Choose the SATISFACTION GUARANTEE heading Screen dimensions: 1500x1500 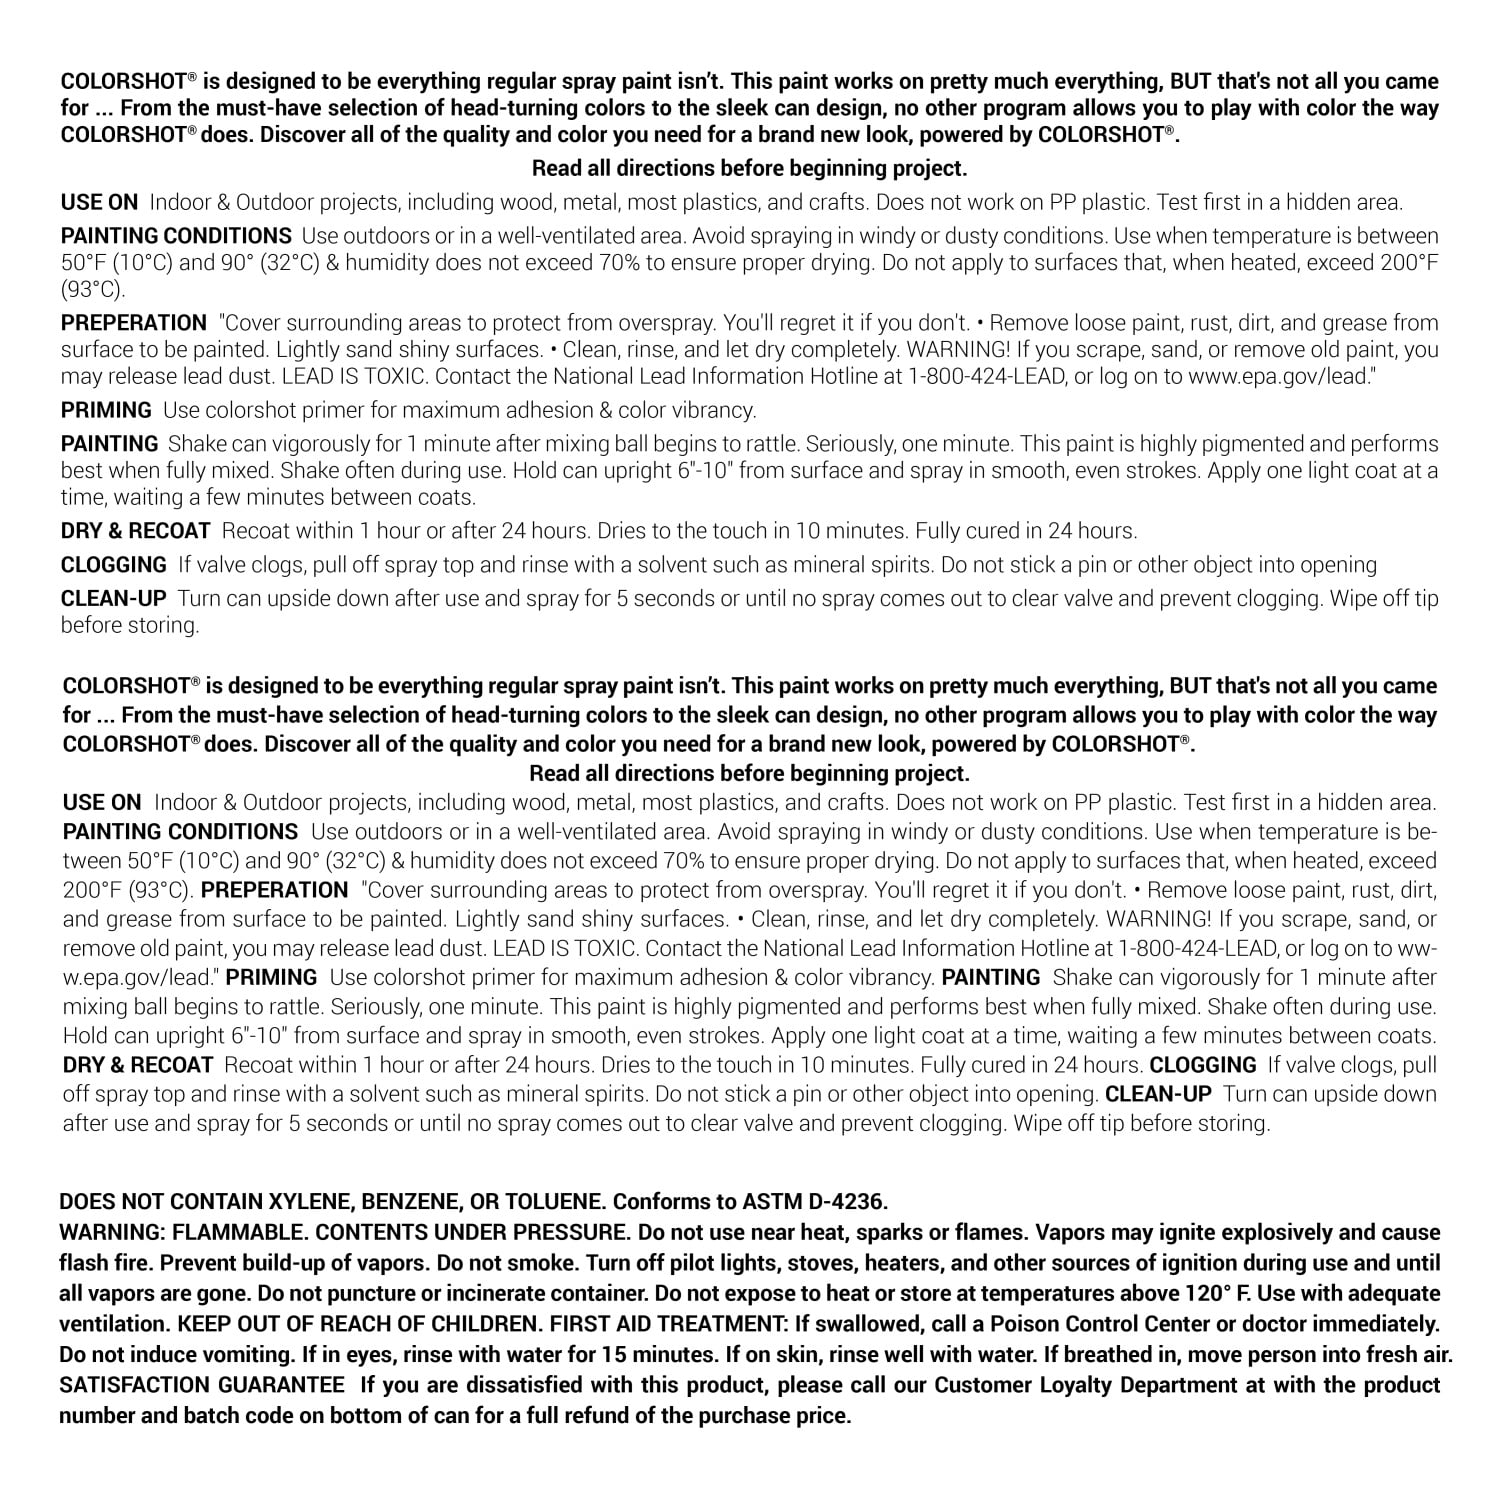[x=201, y=1385]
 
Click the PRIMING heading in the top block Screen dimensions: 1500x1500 [x=106, y=410]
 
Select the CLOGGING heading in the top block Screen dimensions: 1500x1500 [x=114, y=565]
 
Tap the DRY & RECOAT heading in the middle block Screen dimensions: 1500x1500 [x=138, y=1065]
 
